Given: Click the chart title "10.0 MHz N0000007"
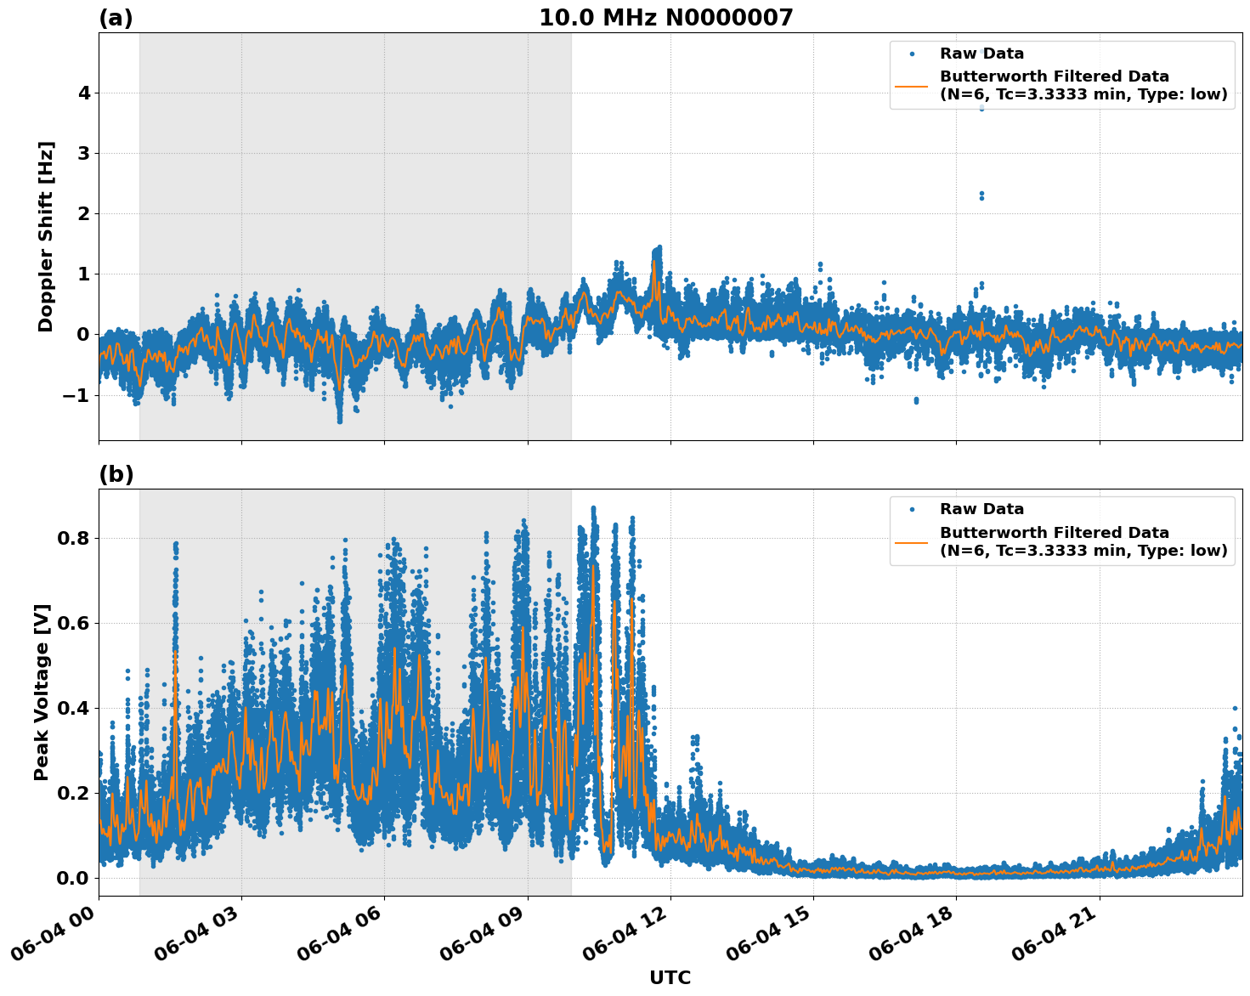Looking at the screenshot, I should click(x=665, y=18).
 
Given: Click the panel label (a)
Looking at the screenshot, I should click(x=116, y=18).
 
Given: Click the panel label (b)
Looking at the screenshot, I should click(x=116, y=474).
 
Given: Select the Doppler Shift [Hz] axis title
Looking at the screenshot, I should click(x=46, y=236).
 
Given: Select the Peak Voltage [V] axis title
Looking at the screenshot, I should click(x=42, y=692).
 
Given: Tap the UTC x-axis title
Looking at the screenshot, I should click(x=670, y=977).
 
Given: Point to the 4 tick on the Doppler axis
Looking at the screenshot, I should click(x=83, y=93).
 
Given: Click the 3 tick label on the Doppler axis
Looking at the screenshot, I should click(x=83, y=154).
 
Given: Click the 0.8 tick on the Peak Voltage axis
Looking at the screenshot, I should click(x=73, y=538).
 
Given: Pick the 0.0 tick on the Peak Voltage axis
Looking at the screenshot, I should click(x=73, y=878).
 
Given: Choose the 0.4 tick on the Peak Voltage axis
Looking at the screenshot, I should click(x=73, y=708).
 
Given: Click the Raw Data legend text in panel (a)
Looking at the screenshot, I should click(x=981, y=54).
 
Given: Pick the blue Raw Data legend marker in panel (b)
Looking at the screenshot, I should click(x=912, y=510).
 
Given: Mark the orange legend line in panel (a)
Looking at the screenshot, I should click(x=912, y=86).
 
